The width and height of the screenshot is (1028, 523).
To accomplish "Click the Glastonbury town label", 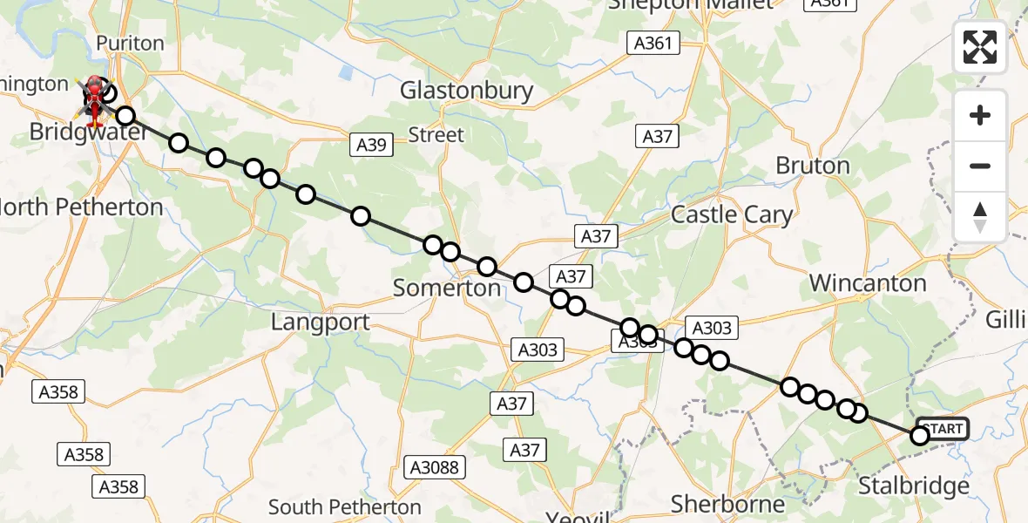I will pos(466,91).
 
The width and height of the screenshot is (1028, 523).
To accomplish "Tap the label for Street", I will pos(436,135).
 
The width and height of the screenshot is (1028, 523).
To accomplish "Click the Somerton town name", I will pos(447,288).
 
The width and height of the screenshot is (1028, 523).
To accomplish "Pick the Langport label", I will pos(320,323).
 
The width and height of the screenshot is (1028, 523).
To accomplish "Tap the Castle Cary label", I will pos(732,215).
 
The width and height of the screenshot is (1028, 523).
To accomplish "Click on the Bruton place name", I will pos(812,166).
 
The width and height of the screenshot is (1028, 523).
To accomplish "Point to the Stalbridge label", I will pos(913,486).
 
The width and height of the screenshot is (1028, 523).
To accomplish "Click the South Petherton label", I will pos(344,507).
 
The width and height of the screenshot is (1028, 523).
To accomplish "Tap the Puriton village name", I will pos(130,44).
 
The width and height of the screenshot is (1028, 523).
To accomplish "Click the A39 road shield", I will pos(372,145).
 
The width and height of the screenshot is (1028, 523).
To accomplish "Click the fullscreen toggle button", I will pos(980,47).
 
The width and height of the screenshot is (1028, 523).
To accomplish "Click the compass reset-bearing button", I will pos(980,216).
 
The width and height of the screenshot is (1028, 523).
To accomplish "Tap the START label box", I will pos(943,429).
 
